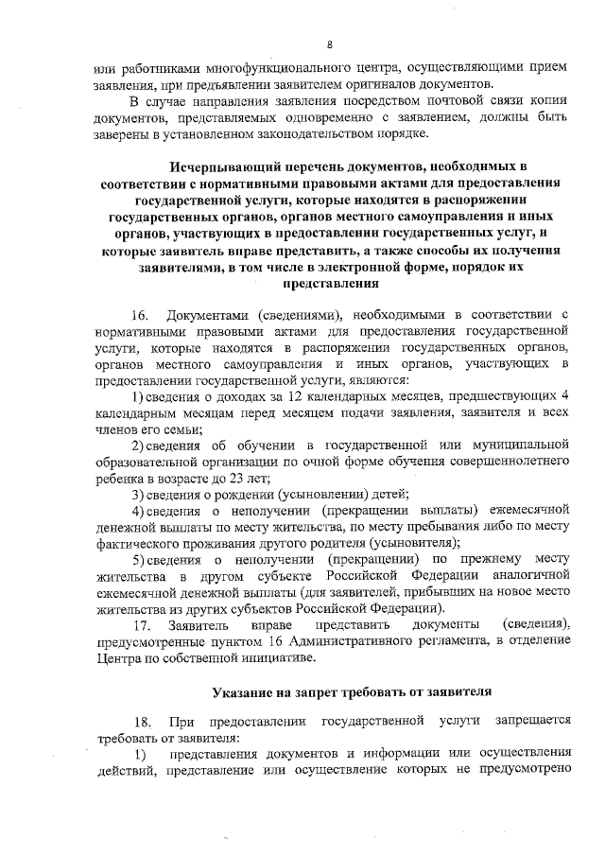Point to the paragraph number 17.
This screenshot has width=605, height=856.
[142, 626]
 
